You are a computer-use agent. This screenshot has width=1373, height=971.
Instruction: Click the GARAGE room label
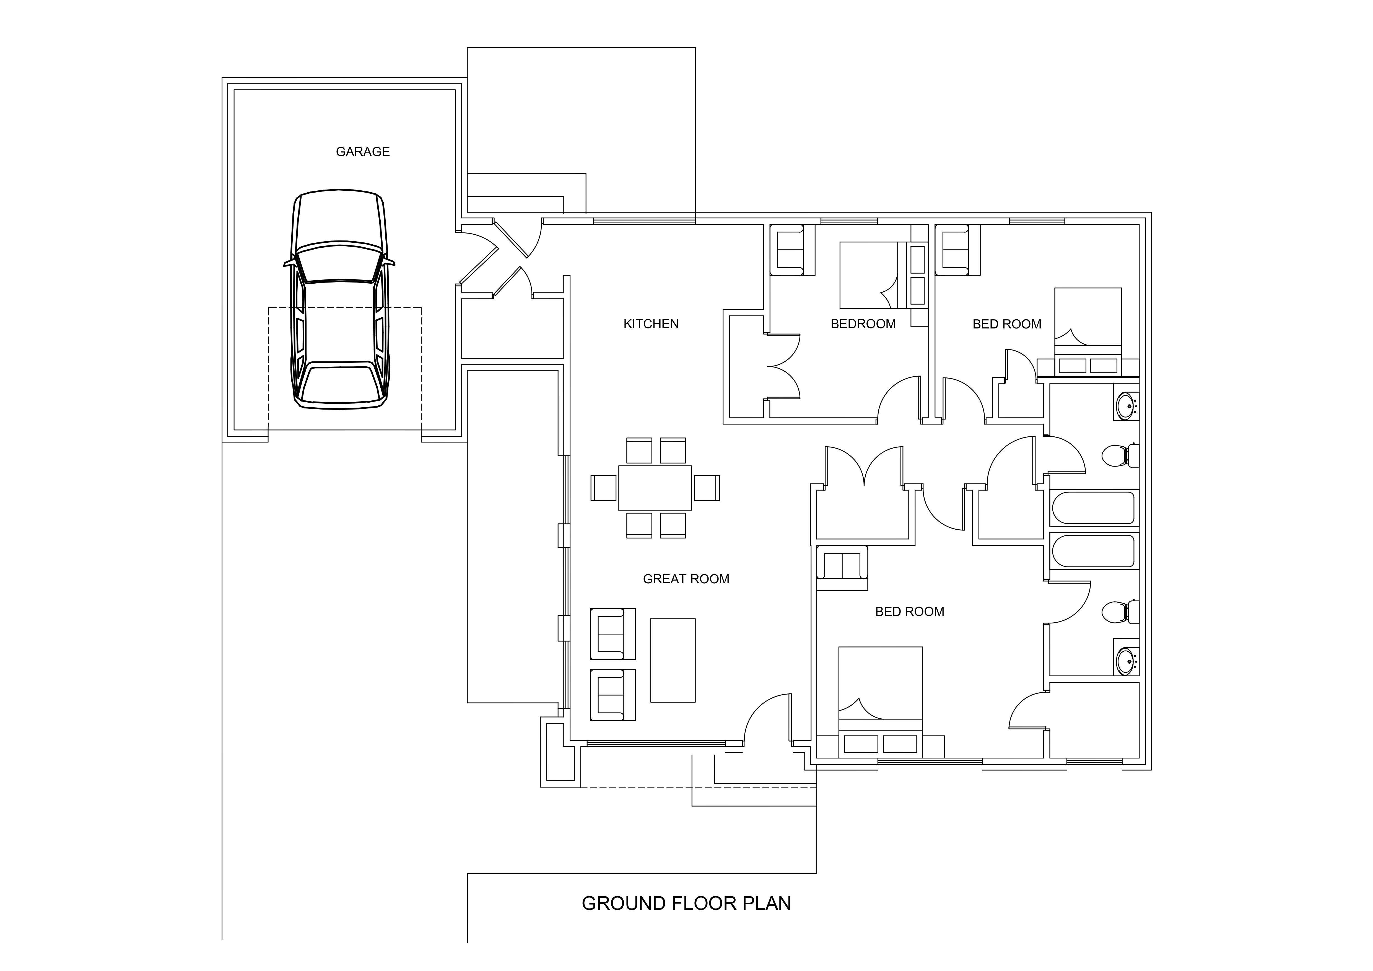pos(362,152)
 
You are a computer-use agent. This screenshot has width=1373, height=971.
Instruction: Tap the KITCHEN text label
pos(651,324)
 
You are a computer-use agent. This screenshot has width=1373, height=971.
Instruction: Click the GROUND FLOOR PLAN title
pos(686,903)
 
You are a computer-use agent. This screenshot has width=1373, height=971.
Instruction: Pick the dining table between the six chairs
pos(655,488)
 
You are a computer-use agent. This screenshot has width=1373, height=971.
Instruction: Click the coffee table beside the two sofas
pos(673,660)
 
